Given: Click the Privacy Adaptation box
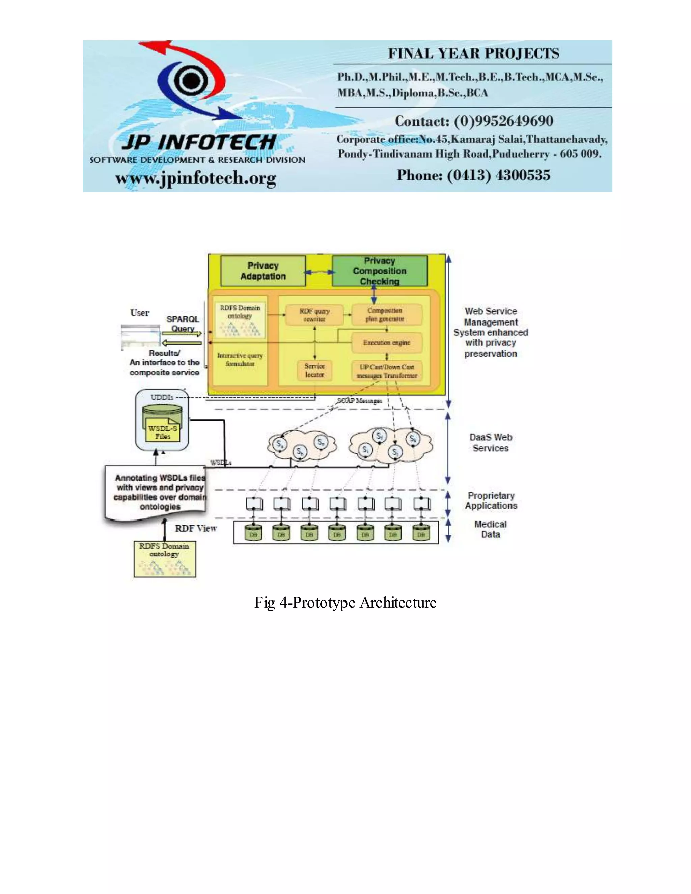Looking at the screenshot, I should coord(263,271).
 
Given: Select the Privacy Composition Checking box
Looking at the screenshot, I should coord(380,271).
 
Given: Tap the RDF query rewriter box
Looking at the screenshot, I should coord(314,315).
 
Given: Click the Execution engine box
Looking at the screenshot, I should coord(386,343).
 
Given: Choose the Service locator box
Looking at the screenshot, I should coord(314,370).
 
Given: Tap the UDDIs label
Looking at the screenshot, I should coord(162,397).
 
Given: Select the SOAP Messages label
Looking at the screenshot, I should coord(359,401).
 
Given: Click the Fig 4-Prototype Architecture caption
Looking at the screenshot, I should coord(345,603).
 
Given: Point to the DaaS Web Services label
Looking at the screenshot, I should coord(490,443).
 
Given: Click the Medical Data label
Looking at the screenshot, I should coord(490,529).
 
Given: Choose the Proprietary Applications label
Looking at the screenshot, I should coord(491,500).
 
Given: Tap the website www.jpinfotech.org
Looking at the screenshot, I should coord(196,178).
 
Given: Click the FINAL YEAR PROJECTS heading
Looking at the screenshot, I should coord(473,54).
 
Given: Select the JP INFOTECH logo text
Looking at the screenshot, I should coord(199,142).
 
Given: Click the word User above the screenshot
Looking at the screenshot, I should coord(140,313).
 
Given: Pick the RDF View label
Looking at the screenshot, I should coord(196,528).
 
